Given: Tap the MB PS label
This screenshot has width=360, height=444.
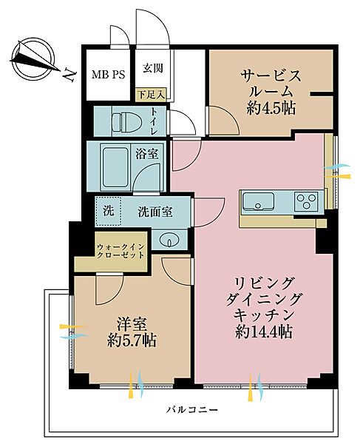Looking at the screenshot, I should pyautogui.click(x=107, y=75).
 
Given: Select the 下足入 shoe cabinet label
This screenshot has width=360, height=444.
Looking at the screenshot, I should pyautogui.click(x=151, y=94).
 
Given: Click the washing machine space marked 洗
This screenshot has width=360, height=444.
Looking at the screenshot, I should pyautogui.click(x=108, y=210).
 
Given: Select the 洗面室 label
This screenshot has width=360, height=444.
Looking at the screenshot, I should pyautogui.click(x=155, y=212).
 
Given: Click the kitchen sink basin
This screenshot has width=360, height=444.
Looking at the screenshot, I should pyautogui.click(x=258, y=200).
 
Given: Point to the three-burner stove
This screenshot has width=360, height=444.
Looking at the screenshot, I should pyautogui.click(x=305, y=200).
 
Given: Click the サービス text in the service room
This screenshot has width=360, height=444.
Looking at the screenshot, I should pyautogui.click(x=271, y=76).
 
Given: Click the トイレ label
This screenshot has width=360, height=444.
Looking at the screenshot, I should pyautogui.click(x=154, y=121).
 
